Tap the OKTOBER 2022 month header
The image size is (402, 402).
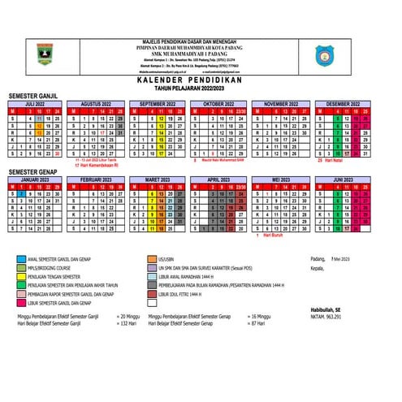218,105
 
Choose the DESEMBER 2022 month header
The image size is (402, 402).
344,105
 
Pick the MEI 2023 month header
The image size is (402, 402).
281,179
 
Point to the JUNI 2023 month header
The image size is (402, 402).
344,179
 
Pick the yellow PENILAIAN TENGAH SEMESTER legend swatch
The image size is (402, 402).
19,275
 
